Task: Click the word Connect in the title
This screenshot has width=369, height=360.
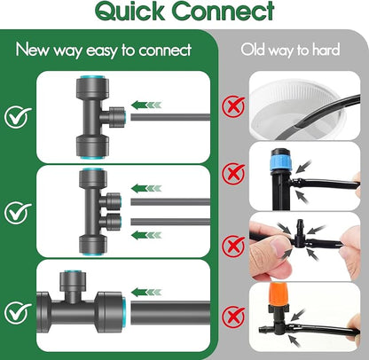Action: coord(224,11)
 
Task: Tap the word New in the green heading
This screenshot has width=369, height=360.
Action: coord(32,49)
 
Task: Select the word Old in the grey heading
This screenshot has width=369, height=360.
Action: coord(253,49)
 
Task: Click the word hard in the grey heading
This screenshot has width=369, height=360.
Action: coord(326,49)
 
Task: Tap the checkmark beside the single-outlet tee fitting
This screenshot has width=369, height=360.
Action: coord(18,116)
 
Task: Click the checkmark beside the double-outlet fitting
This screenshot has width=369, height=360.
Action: coord(18,212)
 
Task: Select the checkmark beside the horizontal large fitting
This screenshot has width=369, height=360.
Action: coord(18,312)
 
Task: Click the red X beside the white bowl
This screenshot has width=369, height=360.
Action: coord(233,106)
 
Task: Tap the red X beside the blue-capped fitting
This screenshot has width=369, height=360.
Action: coord(233,173)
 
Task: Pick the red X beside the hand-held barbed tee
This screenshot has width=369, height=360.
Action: coord(233,246)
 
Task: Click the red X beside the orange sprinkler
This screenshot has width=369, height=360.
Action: coord(233,317)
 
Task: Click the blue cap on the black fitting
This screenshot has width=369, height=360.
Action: coord(281,161)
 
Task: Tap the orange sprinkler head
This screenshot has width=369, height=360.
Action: coord(279,294)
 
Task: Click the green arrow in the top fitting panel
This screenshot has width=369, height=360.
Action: coord(146,105)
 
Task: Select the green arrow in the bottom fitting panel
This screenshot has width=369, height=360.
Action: coord(146,293)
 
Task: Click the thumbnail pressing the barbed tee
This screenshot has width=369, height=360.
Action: coord(278,244)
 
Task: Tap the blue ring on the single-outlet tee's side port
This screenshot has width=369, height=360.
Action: coord(124,117)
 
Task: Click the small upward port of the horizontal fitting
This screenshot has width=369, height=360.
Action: coord(73,283)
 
